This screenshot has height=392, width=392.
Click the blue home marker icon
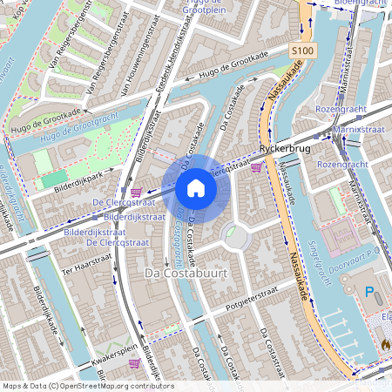196,187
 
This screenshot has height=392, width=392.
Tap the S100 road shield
302,52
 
